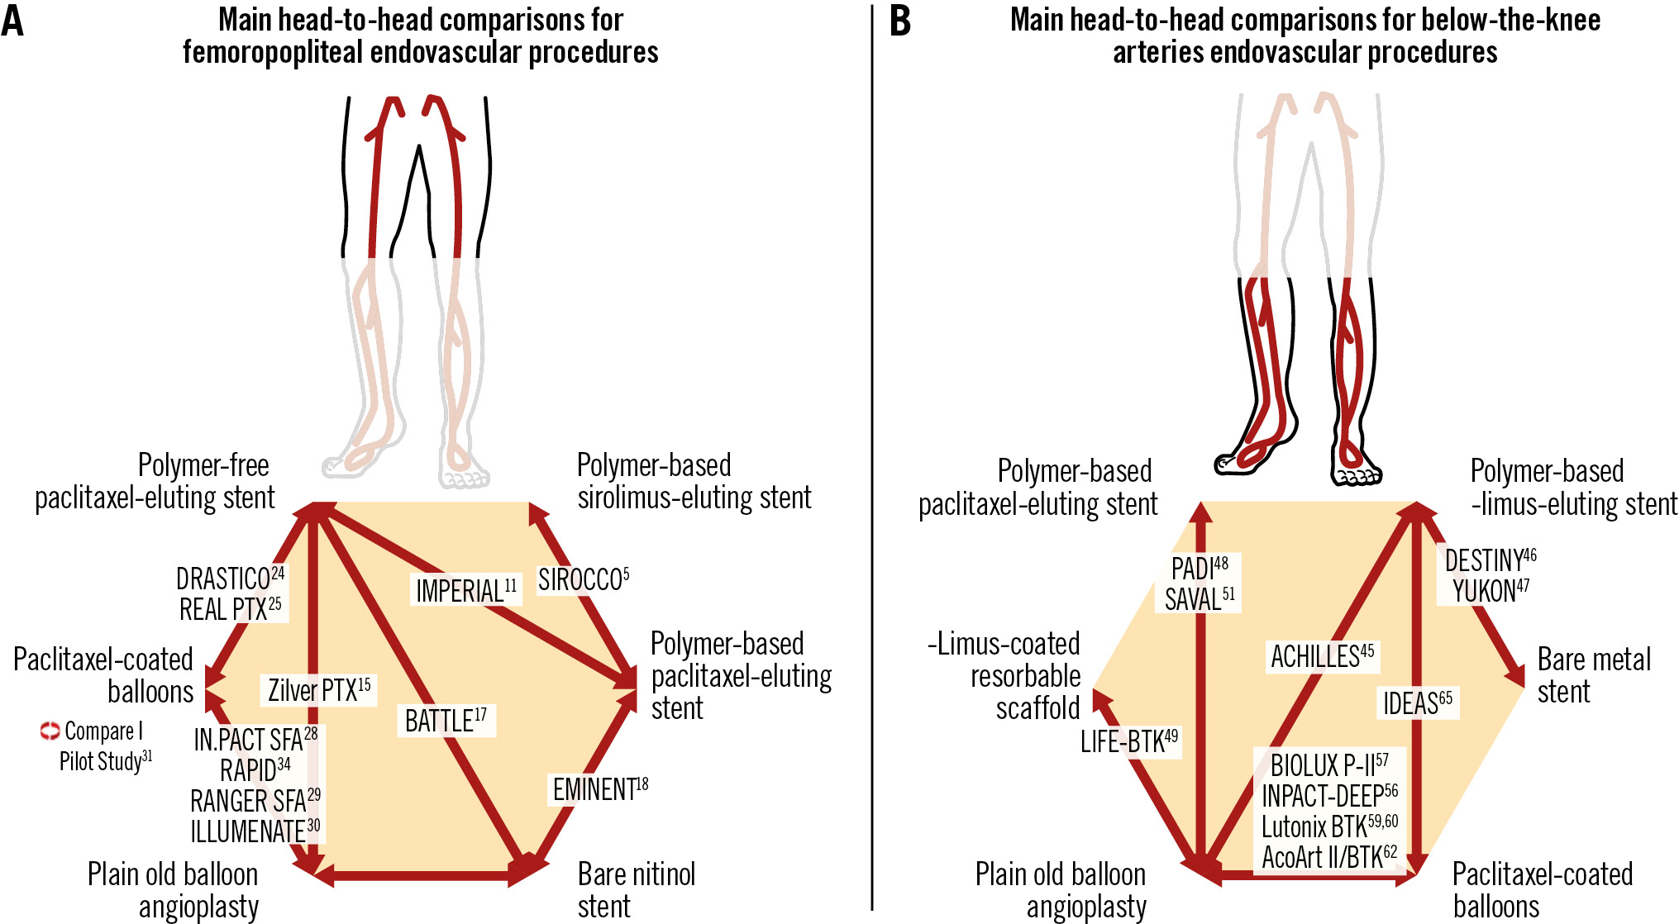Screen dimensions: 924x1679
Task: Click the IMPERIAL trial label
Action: coord(465,591)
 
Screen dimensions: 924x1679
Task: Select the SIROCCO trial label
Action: coord(583,580)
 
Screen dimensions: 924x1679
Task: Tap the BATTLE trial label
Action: coord(445,721)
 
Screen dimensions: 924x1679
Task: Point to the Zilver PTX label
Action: coord(318,690)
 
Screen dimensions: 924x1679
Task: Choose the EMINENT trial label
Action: coord(599,789)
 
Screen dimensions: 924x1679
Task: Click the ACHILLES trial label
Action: coord(1322,657)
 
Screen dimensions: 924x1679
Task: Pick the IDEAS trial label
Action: coord(1417,703)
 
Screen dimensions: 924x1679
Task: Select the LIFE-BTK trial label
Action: coord(1128,741)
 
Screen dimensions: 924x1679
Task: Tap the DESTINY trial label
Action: coord(1490,560)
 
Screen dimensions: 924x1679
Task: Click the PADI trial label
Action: coord(1199,569)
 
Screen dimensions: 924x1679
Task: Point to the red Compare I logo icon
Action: coord(50,731)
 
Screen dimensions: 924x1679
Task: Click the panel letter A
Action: coord(12,21)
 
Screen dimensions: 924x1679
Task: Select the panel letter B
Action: coord(900,21)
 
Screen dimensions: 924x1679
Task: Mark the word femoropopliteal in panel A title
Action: coord(273,52)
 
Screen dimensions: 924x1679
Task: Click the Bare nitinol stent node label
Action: coord(636,889)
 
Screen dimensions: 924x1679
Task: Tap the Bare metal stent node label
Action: coord(1593,675)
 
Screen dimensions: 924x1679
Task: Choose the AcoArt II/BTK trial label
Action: coord(1328,857)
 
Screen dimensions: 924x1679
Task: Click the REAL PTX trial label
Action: coord(230,609)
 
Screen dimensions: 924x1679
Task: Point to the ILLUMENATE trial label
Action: coord(255,831)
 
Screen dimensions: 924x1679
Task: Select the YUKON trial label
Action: coord(1490,591)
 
